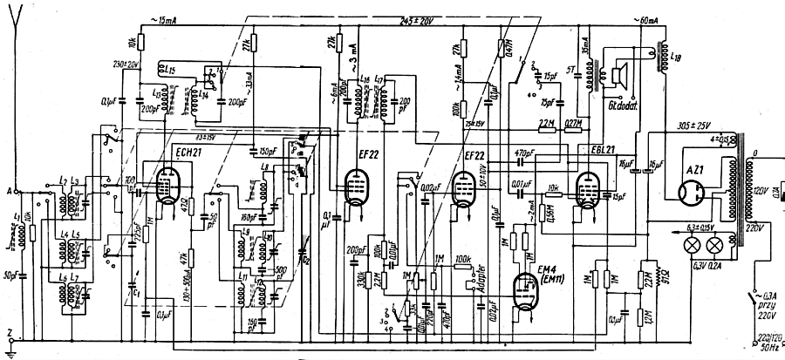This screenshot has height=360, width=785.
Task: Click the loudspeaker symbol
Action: click(x=623, y=77)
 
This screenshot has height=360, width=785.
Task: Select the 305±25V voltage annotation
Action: click(x=697, y=126)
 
